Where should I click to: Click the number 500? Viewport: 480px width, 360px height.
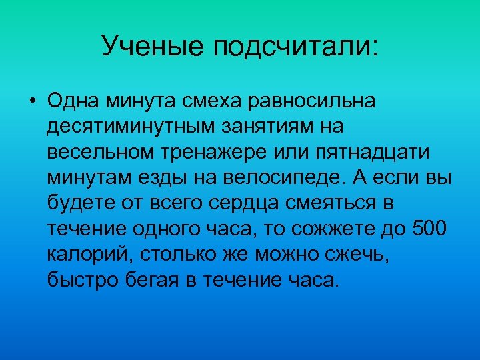click(x=432, y=229)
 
